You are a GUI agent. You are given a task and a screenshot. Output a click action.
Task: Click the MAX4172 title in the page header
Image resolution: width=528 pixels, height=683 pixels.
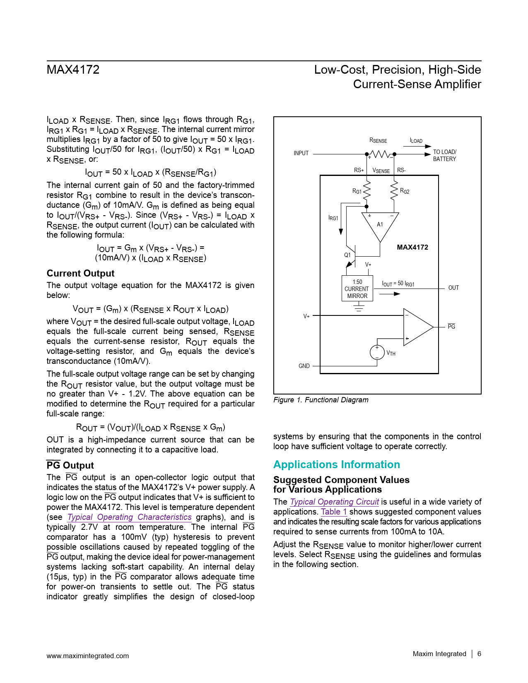tap(73, 70)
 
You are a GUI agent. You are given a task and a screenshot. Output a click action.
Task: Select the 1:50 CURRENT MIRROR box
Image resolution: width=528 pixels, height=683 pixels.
tap(357, 289)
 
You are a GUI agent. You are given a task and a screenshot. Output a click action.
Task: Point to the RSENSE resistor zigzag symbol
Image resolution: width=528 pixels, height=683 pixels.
tap(381, 154)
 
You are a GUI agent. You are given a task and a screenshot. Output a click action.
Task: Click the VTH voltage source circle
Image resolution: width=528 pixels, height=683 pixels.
tap(377, 352)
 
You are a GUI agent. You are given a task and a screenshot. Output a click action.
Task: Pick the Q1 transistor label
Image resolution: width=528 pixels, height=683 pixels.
tap(347, 255)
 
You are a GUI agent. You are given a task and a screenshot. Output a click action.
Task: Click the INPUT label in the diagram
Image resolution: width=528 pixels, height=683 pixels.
tap(301, 153)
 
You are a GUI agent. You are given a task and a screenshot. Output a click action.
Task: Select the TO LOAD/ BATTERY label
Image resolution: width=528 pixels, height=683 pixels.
tap(444, 155)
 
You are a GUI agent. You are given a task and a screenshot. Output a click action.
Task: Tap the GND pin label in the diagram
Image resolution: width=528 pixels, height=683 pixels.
tap(304, 366)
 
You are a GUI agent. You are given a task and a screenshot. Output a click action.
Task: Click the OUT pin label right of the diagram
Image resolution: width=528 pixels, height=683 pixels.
tap(453, 288)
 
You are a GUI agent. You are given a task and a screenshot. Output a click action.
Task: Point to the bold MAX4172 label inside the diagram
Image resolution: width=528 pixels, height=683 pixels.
tap(412, 247)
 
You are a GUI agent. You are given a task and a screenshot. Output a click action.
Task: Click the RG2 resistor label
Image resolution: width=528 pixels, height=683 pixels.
tap(405, 191)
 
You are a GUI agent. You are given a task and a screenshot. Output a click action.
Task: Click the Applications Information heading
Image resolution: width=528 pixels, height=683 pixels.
tap(336, 464)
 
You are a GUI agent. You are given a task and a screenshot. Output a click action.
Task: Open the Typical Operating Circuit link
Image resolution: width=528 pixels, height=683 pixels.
tap(334, 502)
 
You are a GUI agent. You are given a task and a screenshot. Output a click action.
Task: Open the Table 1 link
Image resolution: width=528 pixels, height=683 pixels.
tap(334, 512)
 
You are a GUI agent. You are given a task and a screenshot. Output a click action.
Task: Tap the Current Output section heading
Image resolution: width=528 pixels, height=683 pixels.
tap(80, 273)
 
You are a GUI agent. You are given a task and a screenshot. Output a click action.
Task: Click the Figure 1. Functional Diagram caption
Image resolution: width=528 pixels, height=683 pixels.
tap(321, 400)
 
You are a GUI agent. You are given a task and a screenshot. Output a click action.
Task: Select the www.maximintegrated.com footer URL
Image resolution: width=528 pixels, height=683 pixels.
tap(87, 656)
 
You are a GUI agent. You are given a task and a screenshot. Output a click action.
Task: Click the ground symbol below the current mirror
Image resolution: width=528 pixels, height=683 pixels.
tap(359, 307)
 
